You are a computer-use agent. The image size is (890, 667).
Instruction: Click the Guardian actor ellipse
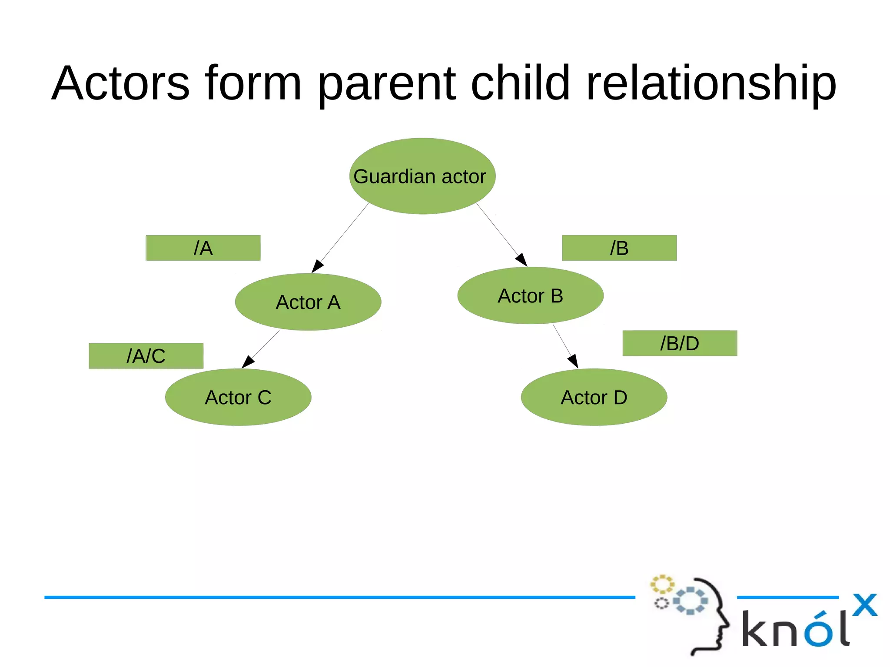click(x=422, y=176)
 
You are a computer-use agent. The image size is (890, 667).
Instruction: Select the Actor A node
click(x=308, y=302)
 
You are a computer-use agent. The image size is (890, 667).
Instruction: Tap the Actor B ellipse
click(x=530, y=295)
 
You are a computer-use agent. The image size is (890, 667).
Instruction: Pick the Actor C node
click(x=238, y=397)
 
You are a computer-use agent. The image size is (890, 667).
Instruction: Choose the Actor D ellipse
click(x=594, y=397)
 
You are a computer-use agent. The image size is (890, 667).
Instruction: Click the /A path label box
click(x=203, y=248)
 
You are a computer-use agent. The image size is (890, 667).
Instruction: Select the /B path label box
click(x=619, y=248)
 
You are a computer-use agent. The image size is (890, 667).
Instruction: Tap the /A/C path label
click(x=146, y=356)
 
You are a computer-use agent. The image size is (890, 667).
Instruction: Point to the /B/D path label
click(x=680, y=343)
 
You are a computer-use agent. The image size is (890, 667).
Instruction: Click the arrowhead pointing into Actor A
click(x=318, y=266)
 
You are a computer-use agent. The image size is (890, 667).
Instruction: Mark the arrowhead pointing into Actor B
click(x=521, y=260)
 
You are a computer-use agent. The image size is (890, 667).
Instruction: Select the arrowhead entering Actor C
click(x=248, y=362)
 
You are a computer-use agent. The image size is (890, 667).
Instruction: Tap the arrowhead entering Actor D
click(x=573, y=361)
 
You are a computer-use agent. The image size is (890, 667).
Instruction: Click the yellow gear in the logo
click(x=662, y=584)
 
